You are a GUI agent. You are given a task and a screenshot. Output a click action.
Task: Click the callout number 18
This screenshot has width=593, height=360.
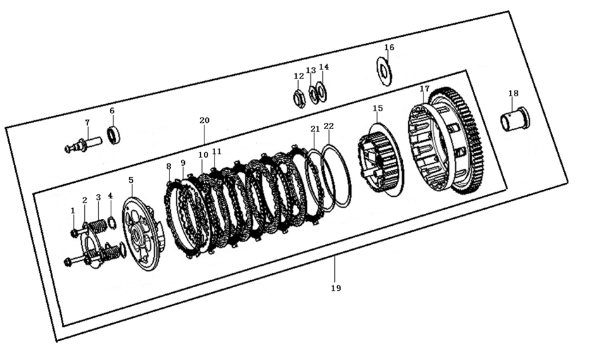point(513,94)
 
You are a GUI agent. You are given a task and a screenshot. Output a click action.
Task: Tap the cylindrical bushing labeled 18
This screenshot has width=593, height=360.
point(515,119)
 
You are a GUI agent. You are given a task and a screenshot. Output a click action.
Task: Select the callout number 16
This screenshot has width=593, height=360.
point(389,47)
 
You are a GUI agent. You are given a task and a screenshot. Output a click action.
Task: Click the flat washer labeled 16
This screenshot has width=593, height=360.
point(384,71)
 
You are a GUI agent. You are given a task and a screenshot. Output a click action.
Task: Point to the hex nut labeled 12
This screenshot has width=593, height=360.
point(299,99)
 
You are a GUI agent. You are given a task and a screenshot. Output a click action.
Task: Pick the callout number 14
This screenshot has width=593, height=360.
point(324,67)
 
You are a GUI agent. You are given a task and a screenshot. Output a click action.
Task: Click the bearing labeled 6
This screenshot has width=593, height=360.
point(113,135)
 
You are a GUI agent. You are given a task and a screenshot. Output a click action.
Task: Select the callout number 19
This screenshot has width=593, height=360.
point(336,288)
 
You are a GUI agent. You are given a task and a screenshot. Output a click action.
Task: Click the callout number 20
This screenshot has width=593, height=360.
point(204,121)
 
